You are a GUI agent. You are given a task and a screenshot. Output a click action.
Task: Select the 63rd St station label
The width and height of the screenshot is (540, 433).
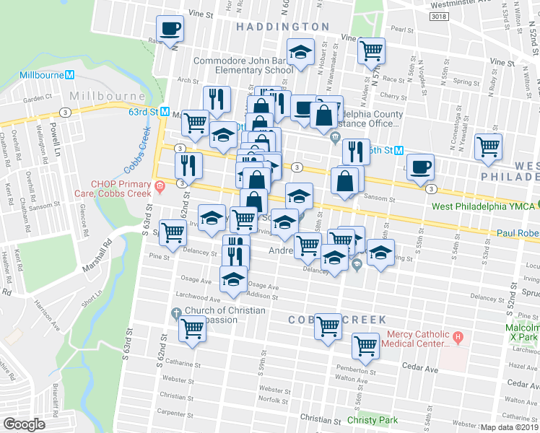click(x=143, y=112)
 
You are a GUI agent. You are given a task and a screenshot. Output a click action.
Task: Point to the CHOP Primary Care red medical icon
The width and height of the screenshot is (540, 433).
click(x=158, y=188)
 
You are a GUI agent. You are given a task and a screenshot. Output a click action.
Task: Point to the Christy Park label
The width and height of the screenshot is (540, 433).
click(x=372, y=420)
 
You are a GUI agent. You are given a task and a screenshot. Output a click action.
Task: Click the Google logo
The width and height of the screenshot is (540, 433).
click(x=24, y=424)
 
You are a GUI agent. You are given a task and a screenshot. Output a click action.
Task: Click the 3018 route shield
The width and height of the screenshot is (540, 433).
click(x=458, y=16)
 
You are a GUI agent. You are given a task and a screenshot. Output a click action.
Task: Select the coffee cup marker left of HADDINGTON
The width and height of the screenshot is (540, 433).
click(x=170, y=28)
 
